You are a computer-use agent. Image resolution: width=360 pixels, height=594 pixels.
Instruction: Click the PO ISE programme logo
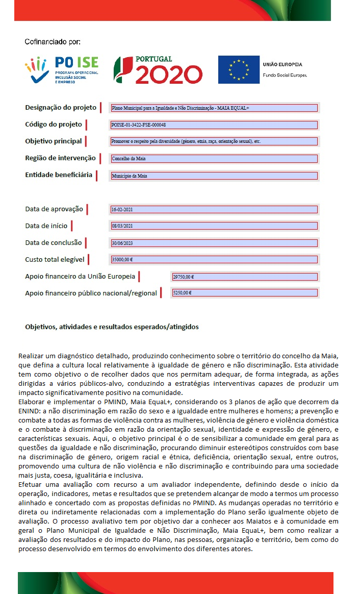point(62,70)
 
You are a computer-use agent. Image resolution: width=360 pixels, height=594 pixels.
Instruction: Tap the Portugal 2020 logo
point(158,70)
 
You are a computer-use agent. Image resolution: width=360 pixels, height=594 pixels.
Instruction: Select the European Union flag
point(239,69)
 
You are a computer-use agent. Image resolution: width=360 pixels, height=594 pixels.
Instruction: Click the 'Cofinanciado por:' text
point(53,41)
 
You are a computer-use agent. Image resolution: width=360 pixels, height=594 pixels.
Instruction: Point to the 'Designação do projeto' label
point(61,108)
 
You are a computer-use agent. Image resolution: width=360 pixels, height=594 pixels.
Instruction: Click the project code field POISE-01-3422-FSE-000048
point(214,125)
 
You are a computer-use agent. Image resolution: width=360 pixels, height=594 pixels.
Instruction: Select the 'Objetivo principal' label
point(54,141)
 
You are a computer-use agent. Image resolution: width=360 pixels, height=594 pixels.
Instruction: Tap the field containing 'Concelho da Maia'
point(214,159)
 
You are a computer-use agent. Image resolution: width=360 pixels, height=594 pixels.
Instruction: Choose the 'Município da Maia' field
point(214,176)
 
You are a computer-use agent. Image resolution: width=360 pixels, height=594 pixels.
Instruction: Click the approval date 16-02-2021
point(214,209)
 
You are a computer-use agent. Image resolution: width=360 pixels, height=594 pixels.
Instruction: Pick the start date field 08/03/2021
point(214,226)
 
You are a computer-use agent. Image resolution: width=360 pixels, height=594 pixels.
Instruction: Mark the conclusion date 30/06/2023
point(214,243)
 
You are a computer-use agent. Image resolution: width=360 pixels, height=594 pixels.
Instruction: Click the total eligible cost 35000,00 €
point(214,259)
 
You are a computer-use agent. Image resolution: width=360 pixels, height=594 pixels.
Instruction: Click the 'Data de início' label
point(46,226)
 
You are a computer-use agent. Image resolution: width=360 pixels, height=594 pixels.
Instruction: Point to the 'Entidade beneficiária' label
point(59,175)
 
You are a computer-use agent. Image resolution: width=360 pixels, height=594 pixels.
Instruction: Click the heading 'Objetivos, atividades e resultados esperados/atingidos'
point(112,327)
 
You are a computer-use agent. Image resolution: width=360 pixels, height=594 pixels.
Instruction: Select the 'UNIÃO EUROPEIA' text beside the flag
point(282,65)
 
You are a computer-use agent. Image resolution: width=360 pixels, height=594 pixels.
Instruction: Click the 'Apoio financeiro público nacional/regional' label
point(91,293)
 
